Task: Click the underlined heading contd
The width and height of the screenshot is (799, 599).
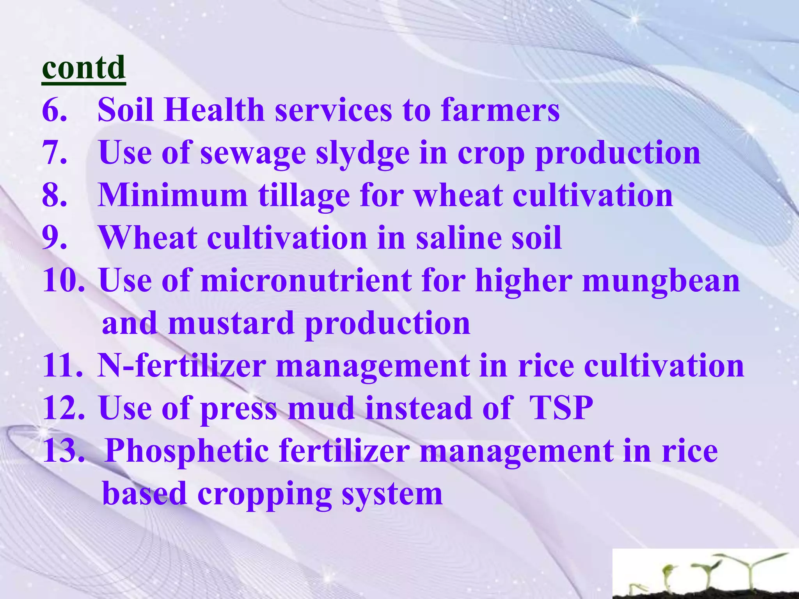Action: tap(83, 68)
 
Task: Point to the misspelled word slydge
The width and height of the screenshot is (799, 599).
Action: tap(362, 154)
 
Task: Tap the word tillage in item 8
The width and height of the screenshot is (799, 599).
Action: tap(304, 196)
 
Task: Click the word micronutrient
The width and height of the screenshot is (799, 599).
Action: tap(306, 281)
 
